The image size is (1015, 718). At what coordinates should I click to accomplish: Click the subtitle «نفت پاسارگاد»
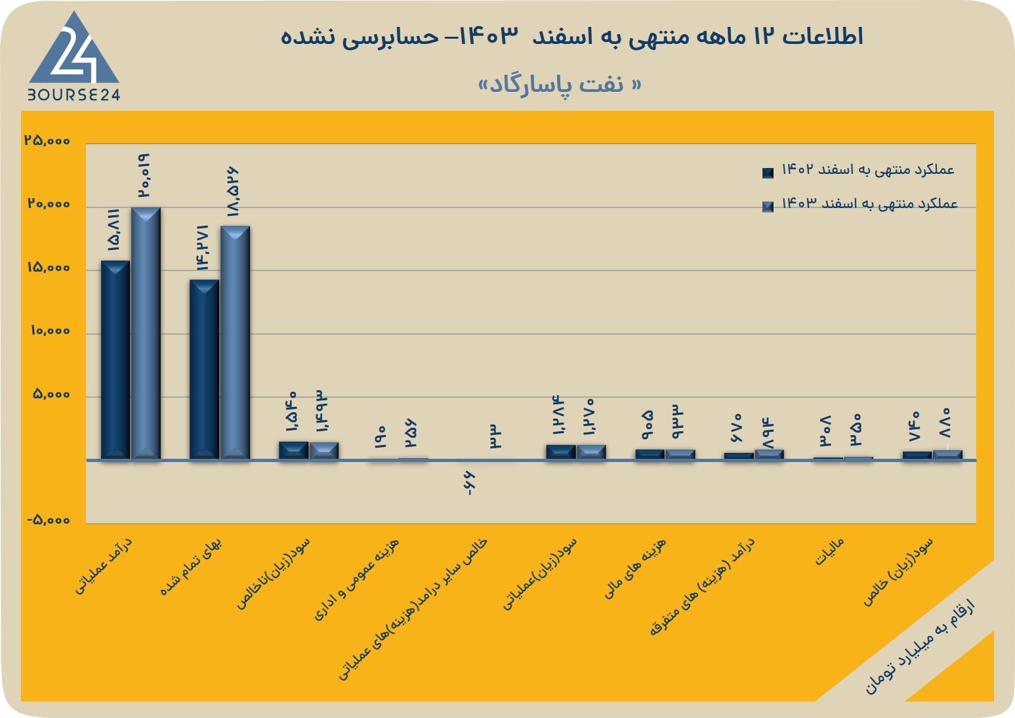tap(560, 85)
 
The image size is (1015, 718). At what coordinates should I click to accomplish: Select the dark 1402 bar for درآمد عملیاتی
tap(115, 360)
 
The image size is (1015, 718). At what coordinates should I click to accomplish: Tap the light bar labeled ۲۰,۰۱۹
tap(146, 333)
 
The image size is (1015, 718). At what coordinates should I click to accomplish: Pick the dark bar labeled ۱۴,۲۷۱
tap(204, 370)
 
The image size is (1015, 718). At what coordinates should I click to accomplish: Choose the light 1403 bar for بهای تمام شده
tap(235, 343)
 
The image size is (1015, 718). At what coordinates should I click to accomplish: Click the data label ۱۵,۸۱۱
tap(114, 230)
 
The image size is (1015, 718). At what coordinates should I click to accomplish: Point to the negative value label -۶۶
tap(470, 483)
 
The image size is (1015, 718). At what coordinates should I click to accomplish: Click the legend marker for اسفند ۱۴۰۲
tap(768, 173)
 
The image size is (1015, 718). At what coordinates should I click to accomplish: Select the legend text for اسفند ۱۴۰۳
tap(869, 203)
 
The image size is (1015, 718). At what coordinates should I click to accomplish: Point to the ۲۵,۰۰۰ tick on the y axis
tap(48, 140)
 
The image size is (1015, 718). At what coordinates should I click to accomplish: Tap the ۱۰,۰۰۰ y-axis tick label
tap(51, 331)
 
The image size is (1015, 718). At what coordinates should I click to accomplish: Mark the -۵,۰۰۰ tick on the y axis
tap(48, 520)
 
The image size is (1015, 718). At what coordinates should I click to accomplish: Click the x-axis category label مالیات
tap(829, 552)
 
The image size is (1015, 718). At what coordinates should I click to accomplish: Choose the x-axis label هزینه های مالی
tap(635, 568)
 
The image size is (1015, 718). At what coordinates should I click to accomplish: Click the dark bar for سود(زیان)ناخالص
tap(293, 451)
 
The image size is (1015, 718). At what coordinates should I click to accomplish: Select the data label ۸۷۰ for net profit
tap(944, 423)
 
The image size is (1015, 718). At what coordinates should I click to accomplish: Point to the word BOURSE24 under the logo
tap(74, 95)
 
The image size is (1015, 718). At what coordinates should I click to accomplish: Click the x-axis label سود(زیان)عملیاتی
tap(539, 574)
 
